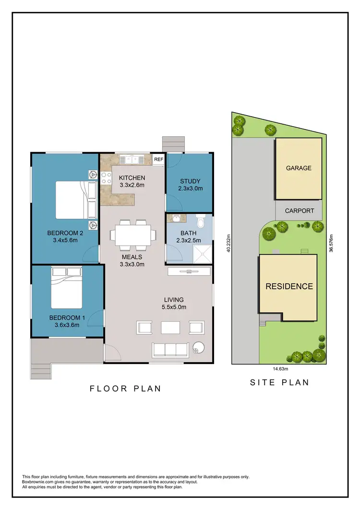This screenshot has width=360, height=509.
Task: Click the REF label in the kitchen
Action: click(158, 159)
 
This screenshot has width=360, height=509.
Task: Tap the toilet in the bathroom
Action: click(201, 224)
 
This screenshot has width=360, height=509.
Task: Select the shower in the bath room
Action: click(203, 254)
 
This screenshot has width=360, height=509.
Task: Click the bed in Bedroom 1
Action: click(67, 288)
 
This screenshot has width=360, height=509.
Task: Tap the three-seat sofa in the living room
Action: click(169, 350)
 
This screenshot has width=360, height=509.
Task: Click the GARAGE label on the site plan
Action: click(299, 168)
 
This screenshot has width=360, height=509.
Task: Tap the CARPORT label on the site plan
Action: click(299, 211)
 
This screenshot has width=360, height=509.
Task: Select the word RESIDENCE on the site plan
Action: click(289, 286)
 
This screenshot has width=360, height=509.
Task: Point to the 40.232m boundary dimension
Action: click(228, 244)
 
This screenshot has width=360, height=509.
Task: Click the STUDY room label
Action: click(190, 181)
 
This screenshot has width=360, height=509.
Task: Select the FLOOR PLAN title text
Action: click(125, 389)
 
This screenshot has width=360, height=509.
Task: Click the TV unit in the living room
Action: click(189, 272)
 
